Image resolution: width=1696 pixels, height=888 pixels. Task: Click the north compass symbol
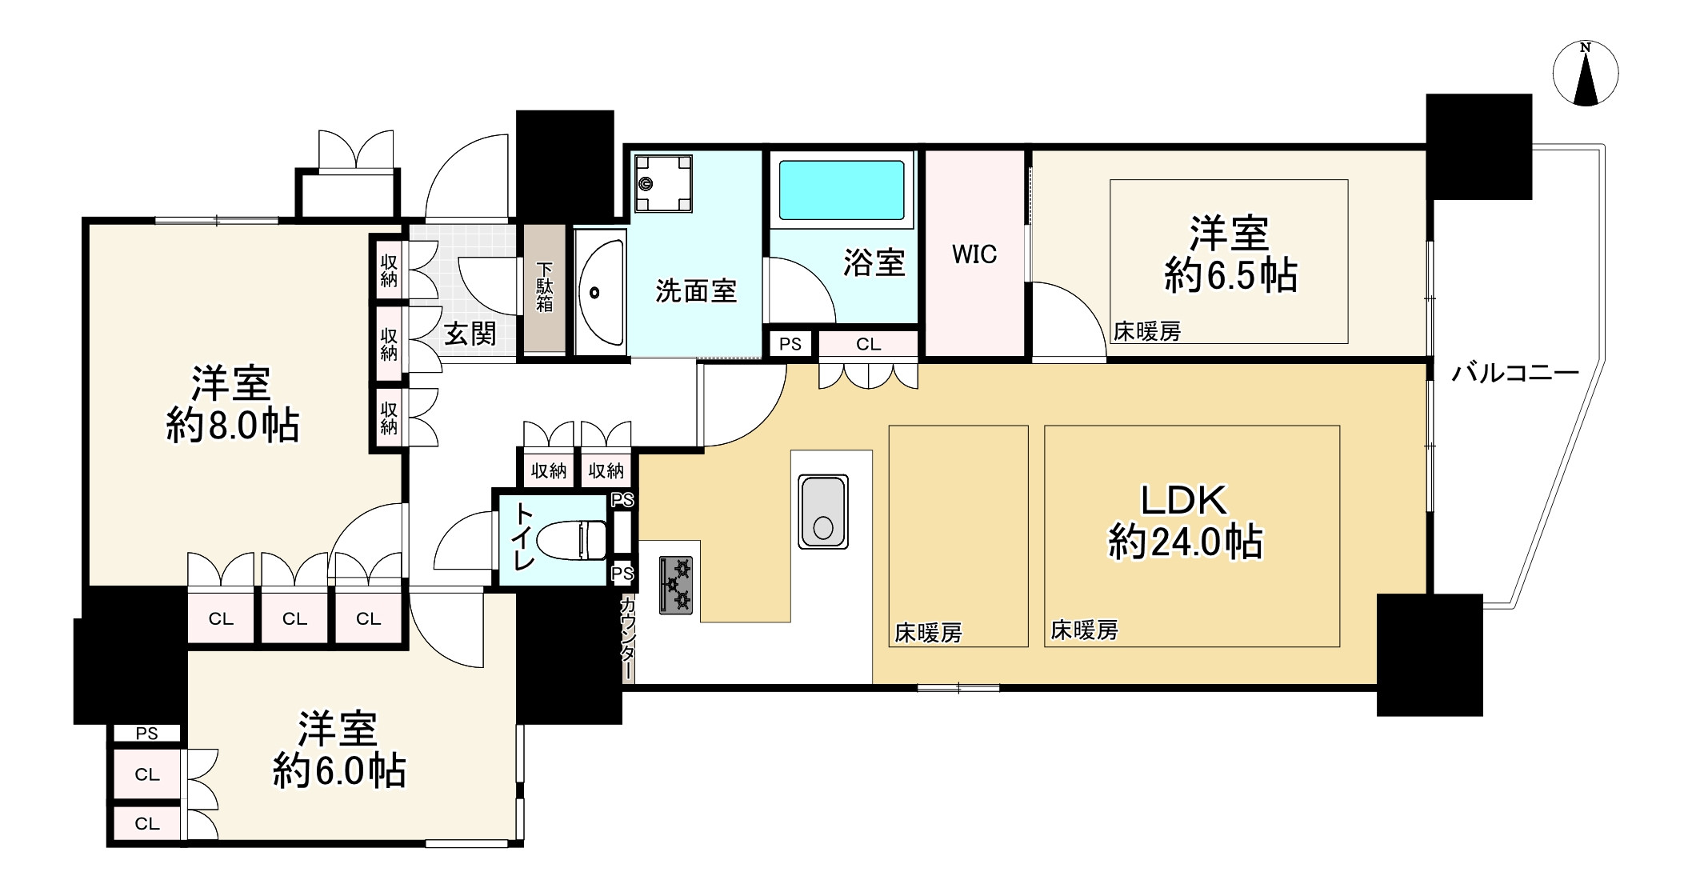[x=1585, y=74]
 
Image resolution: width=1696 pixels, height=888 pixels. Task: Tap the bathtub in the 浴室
[x=841, y=190]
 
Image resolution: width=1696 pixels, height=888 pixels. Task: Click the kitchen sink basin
[x=822, y=512]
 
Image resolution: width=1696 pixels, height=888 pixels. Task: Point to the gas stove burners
[x=676, y=585]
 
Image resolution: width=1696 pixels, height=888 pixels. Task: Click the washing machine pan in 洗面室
[x=662, y=184]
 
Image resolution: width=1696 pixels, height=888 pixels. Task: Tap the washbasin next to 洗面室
[x=600, y=292]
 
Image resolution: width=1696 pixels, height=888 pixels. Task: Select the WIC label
[x=974, y=254]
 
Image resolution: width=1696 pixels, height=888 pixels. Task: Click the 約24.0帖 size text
[x=1185, y=542]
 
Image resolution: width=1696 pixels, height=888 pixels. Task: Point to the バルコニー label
[x=1514, y=373]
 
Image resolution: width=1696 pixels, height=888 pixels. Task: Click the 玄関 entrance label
[x=470, y=333]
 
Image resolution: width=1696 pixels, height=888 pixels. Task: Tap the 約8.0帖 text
[x=233, y=426]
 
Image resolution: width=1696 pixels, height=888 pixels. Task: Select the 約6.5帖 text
[x=1230, y=276]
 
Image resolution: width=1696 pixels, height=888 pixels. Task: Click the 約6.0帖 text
[x=339, y=772]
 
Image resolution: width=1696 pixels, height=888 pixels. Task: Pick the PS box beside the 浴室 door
[x=790, y=344]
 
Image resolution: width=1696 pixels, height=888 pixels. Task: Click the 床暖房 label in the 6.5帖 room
[x=1146, y=331]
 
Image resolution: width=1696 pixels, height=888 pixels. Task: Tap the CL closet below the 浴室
[x=868, y=344]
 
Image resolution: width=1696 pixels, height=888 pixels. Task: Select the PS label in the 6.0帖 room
[x=146, y=733]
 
